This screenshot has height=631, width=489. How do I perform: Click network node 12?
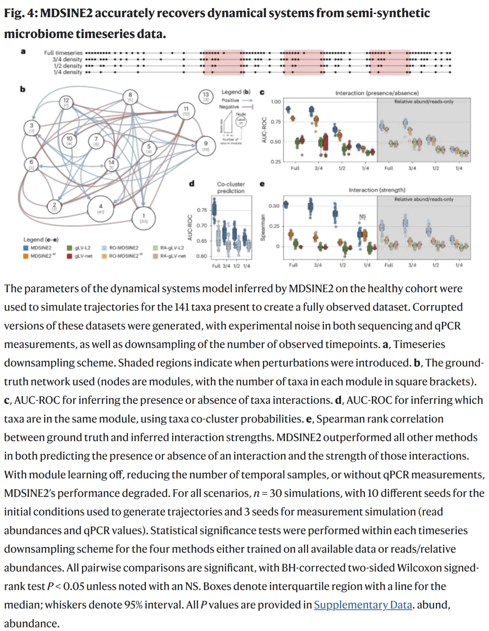66,102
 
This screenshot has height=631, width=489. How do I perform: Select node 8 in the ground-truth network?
130,97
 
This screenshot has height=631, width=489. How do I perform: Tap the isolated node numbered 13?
206,96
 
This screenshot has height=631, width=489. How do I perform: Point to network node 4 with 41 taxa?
101,209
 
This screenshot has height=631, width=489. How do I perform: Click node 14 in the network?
111,164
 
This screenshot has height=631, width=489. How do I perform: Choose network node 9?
206,146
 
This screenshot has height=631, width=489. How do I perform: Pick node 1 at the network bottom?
144,218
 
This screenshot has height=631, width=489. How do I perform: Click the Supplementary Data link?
363,605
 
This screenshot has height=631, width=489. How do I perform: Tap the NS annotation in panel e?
363,217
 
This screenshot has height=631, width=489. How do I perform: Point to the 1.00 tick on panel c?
276,102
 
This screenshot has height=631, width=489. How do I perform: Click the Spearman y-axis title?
263,228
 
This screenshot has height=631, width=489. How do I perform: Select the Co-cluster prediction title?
230,187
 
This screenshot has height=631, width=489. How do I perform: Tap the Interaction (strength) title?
377,190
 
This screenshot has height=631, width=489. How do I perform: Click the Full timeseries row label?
63,53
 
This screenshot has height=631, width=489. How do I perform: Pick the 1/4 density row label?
68,72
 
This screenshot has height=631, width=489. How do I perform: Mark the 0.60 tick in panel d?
201,256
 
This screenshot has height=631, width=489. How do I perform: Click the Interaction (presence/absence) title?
377,93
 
